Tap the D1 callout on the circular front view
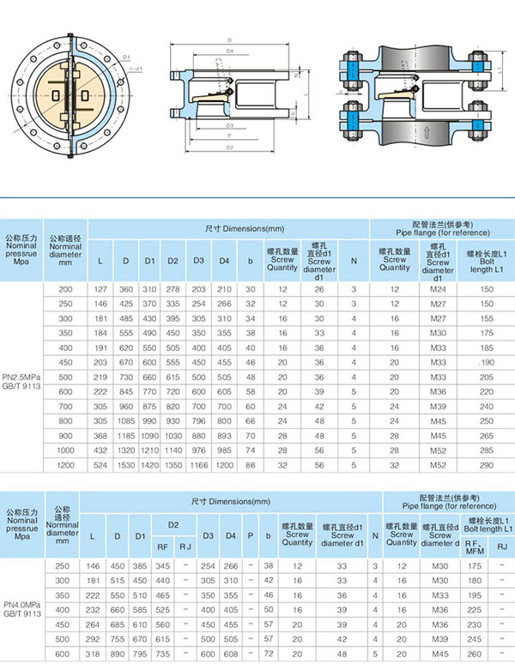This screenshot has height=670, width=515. (x=126, y=57)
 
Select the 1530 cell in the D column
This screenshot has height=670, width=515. (x=125, y=464)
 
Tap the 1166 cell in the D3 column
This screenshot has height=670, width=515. (x=198, y=464)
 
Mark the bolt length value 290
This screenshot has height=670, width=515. (x=487, y=464)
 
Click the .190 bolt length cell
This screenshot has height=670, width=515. (x=487, y=363)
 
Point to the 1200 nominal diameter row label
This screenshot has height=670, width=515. (x=65, y=464)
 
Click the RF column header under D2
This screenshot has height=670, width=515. (x=161, y=545)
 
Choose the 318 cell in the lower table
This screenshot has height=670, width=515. (x=94, y=655)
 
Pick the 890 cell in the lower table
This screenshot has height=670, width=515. (x=117, y=655)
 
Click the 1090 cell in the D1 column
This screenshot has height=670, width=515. (x=149, y=435)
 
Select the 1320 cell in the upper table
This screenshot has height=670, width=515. (x=125, y=450)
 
